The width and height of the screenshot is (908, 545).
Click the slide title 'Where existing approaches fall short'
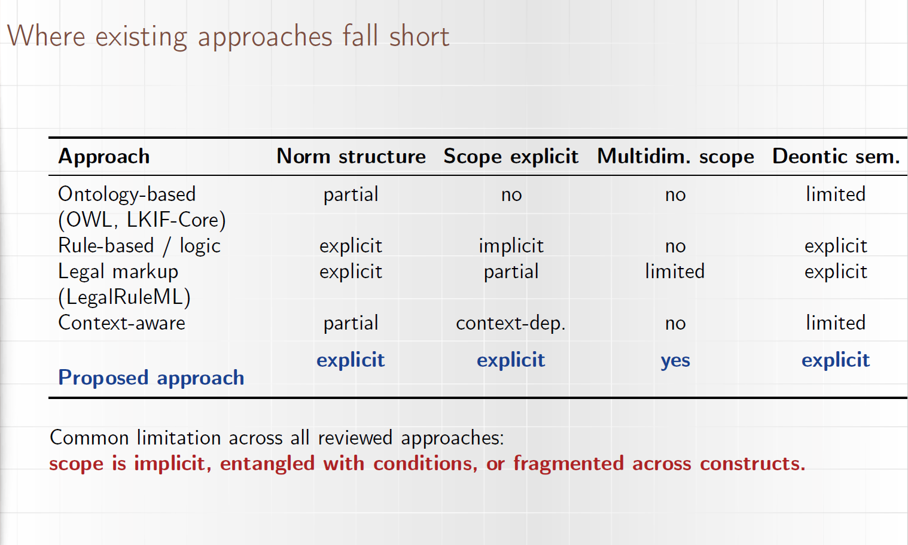point(228,37)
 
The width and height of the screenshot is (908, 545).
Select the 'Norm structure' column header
point(351,157)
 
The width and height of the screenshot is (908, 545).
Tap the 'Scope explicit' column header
point(511,157)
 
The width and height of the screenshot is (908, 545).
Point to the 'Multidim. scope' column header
point(675,157)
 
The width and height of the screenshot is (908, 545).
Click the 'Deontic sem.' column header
point(836,157)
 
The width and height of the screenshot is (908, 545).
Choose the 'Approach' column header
point(103,157)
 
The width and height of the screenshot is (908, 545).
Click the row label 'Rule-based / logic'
point(139,246)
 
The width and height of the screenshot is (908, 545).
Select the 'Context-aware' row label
point(121,323)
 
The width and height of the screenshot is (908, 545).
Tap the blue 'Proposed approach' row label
point(151,378)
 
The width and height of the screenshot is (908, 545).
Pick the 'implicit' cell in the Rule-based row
point(511,246)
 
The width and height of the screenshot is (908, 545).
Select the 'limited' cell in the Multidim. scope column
point(675,271)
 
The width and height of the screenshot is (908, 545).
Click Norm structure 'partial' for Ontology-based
point(351,195)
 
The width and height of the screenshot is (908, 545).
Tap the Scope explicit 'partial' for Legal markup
point(511,272)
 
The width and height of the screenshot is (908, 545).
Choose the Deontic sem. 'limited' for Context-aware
point(836,323)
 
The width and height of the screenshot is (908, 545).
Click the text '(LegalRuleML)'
point(124,297)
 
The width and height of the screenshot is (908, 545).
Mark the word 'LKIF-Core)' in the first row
point(176,220)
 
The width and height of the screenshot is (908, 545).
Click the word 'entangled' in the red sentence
point(267,464)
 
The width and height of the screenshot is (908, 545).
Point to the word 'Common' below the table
point(89,439)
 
